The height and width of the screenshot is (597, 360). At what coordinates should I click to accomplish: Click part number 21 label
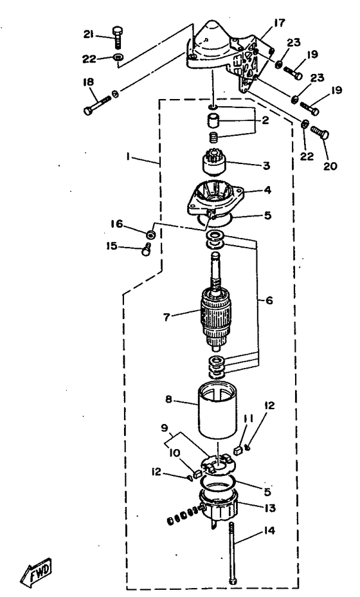[89, 34]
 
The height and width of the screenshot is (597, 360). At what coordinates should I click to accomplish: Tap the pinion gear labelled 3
[214, 163]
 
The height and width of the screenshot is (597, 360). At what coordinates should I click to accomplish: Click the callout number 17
[279, 23]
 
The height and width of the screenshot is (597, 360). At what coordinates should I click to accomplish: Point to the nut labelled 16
[150, 234]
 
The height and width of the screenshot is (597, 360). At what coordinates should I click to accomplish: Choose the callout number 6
[269, 300]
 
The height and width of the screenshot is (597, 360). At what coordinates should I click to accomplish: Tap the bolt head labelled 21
[117, 30]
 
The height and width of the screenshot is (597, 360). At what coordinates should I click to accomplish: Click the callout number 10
[175, 453]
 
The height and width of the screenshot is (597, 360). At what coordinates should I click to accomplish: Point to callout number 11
[248, 419]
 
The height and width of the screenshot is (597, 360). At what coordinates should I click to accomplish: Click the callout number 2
[265, 120]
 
